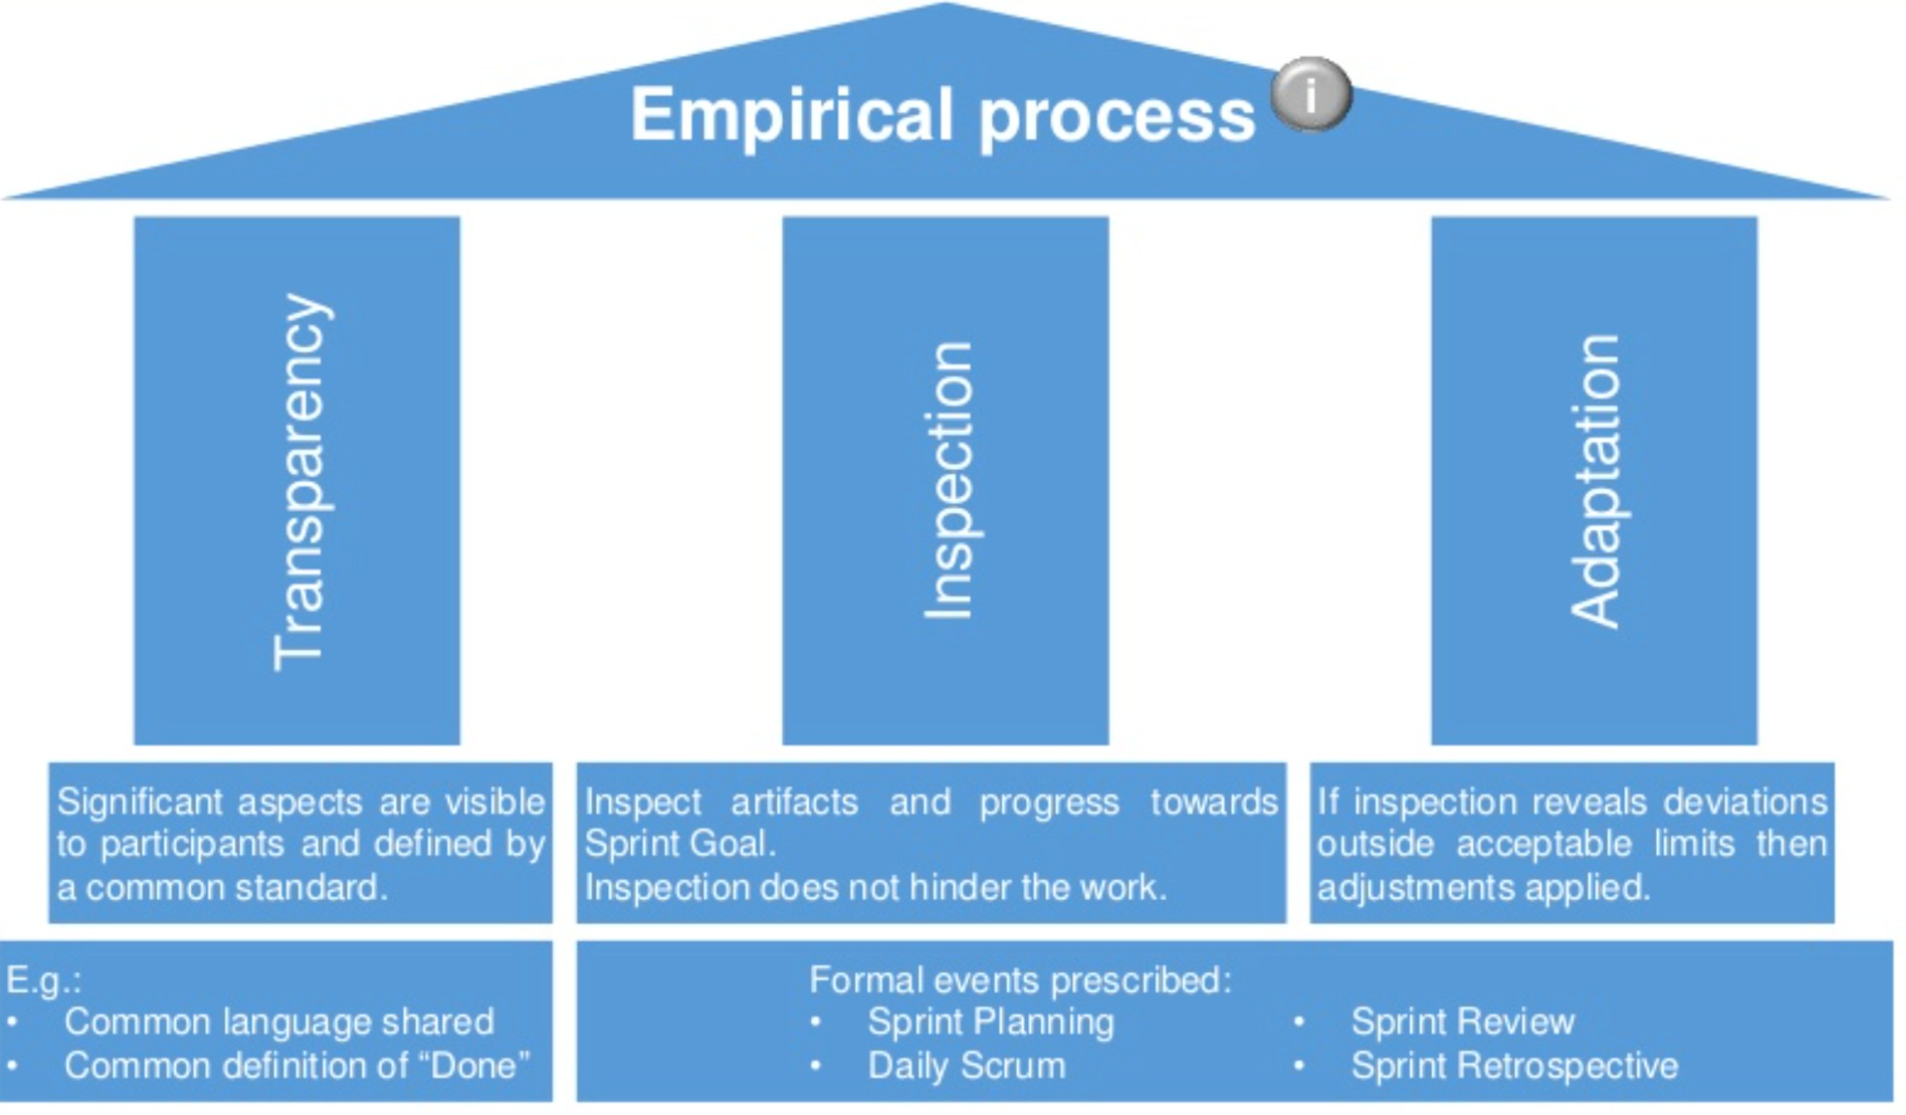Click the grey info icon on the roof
point(1311,94)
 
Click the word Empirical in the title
point(791,115)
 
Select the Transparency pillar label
point(299,482)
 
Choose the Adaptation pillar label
point(1596,481)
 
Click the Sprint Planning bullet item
point(990,1022)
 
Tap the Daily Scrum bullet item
point(966,1065)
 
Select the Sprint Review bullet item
point(1462,1022)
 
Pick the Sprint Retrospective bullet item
point(1514,1065)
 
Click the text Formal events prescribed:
point(1020,980)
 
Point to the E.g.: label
point(44,980)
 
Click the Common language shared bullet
point(279,1022)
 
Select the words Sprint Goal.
point(678,844)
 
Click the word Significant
point(139,802)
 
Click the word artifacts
point(794,802)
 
